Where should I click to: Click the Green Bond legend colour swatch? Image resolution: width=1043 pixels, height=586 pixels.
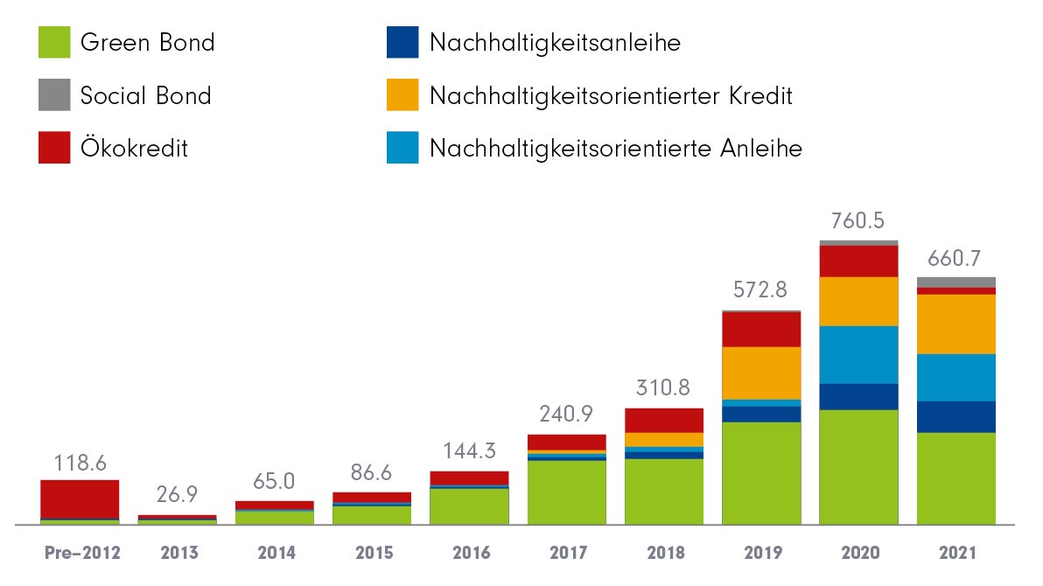tap(53, 43)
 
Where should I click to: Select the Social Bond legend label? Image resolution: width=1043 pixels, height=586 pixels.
tap(145, 95)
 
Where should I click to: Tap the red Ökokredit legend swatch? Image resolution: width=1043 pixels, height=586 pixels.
tap(53, 148)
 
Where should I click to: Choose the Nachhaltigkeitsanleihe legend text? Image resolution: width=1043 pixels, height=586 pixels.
tap(554, 43)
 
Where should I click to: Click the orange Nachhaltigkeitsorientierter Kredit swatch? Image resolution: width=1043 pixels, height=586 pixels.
tap(402, 95)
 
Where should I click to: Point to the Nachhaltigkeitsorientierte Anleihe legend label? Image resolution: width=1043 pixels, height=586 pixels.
tap(615, 149)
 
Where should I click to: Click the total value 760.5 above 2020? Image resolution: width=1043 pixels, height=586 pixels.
tap(858, 220)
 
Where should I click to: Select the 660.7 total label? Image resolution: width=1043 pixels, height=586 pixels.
tap(955, 259)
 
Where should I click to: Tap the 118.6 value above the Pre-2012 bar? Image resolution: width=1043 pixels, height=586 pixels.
tap(80, 462)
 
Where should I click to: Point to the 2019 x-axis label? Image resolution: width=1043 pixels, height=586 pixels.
tap(761, 553)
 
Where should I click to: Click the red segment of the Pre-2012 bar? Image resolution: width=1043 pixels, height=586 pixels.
tap(80, 499)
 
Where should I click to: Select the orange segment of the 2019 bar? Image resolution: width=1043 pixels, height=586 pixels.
tap(761, 373)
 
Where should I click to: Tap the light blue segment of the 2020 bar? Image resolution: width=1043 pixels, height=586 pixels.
tap(858, 354)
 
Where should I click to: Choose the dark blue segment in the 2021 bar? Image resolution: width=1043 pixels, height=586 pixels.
tap(955, 416)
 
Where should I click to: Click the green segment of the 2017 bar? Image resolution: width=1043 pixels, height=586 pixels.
tap(566, 492)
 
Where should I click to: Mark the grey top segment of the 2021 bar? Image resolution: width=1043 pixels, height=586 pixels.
tap(955, 282)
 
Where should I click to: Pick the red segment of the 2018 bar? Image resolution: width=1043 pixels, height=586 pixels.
tap(663, 420)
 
